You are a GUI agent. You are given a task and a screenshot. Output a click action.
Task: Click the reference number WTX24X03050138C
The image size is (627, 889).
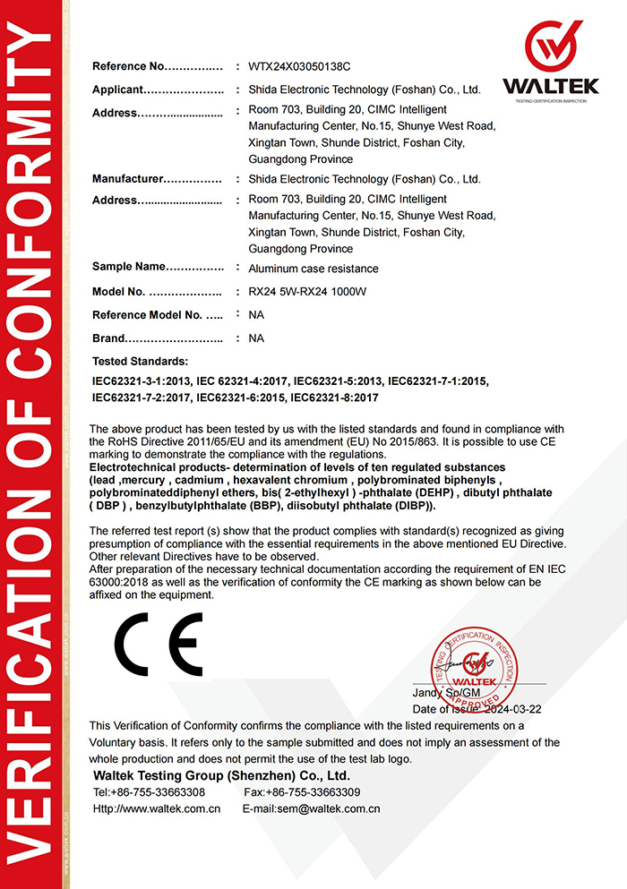coord(299,66)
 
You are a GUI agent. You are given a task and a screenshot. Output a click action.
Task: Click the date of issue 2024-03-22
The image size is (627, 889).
coord(516,708)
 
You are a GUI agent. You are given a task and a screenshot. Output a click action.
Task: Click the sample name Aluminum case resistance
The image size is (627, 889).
coord(313,269)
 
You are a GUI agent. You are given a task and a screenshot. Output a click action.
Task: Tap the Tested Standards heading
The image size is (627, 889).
coord(141,362)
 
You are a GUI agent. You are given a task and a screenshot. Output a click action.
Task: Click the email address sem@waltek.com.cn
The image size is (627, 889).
coord(311,808)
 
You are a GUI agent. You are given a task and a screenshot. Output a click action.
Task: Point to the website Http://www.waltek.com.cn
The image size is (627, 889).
coord(157,808)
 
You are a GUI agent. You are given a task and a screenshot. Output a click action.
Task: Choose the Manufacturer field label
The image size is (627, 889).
coord(128,179)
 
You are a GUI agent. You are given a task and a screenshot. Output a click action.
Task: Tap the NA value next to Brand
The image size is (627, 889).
coord(256,338)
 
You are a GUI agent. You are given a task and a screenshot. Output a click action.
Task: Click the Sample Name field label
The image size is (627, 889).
coord(129,267)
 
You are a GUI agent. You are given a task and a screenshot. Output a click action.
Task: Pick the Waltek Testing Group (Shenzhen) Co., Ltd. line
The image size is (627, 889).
coord(221,775)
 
